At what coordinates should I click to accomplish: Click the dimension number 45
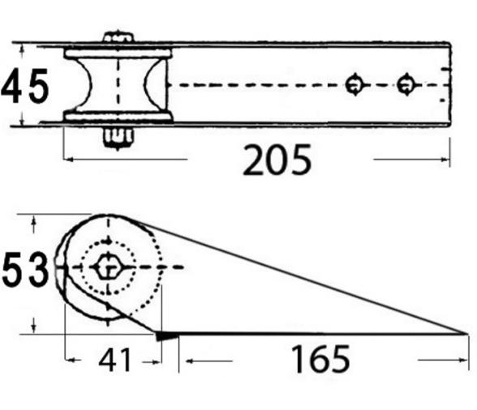(25, 87)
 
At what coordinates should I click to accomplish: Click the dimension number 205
(277, 160)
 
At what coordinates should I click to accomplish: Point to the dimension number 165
(320, 359)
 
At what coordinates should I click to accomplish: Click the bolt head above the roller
(118, 37)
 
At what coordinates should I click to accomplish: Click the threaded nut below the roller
(118, 138)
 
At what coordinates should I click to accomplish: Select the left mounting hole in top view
(354, 84)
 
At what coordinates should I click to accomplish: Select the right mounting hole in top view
(406, 84)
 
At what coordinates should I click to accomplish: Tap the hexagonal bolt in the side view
(107, 267)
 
